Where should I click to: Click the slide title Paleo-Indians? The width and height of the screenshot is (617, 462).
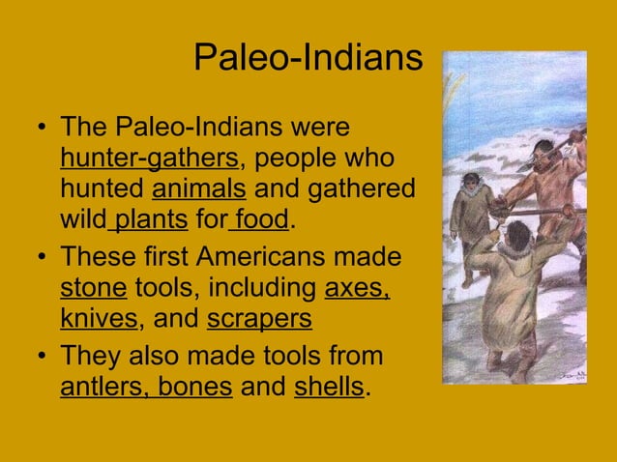tap(308, 58)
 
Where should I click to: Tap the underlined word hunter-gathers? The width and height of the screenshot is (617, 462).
tap(149, 158)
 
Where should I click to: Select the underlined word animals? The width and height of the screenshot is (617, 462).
tap(199, 188)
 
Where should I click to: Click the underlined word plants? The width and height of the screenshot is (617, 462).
tap(151, 220)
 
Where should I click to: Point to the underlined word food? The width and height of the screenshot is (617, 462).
tap(260, 219)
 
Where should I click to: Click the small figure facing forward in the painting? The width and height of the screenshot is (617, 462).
tap(472, 213)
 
